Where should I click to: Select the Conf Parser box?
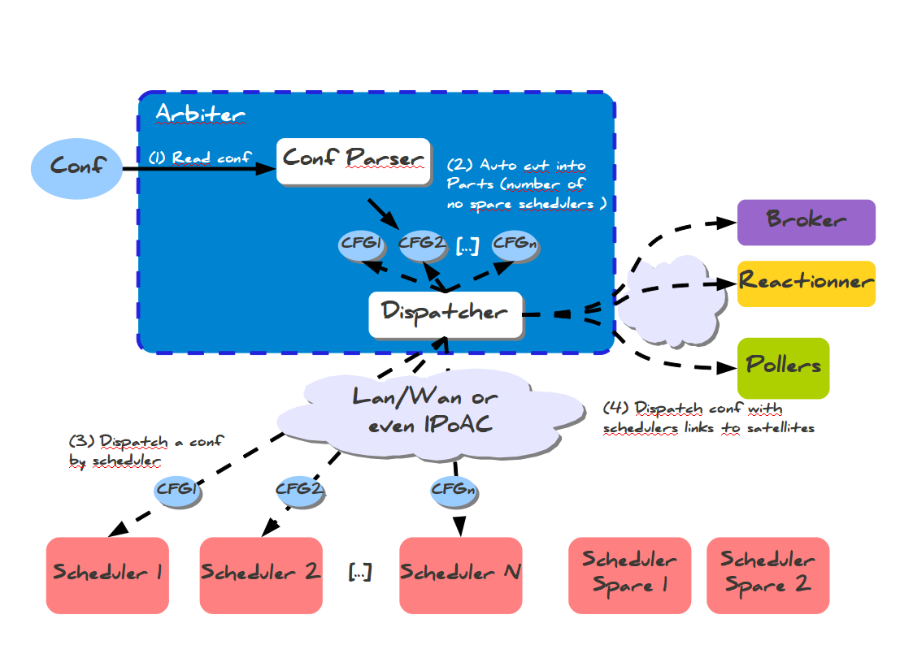point(352,161)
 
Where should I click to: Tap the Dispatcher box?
point(445,314)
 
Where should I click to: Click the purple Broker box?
point(806,222)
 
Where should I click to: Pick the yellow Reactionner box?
point(806,284)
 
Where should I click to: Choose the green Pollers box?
point(783,367)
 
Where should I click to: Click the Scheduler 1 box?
point(107,574)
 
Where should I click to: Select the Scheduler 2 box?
point(260,574)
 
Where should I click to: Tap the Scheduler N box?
point(460,574)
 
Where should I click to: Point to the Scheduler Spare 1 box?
point(629,574)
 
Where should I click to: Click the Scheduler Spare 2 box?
point(767,574)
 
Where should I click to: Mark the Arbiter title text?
point(200,113)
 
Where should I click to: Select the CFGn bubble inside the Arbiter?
point(515,245)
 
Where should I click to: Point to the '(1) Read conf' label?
point(200,158)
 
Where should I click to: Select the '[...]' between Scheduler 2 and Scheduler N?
point(359,573)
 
